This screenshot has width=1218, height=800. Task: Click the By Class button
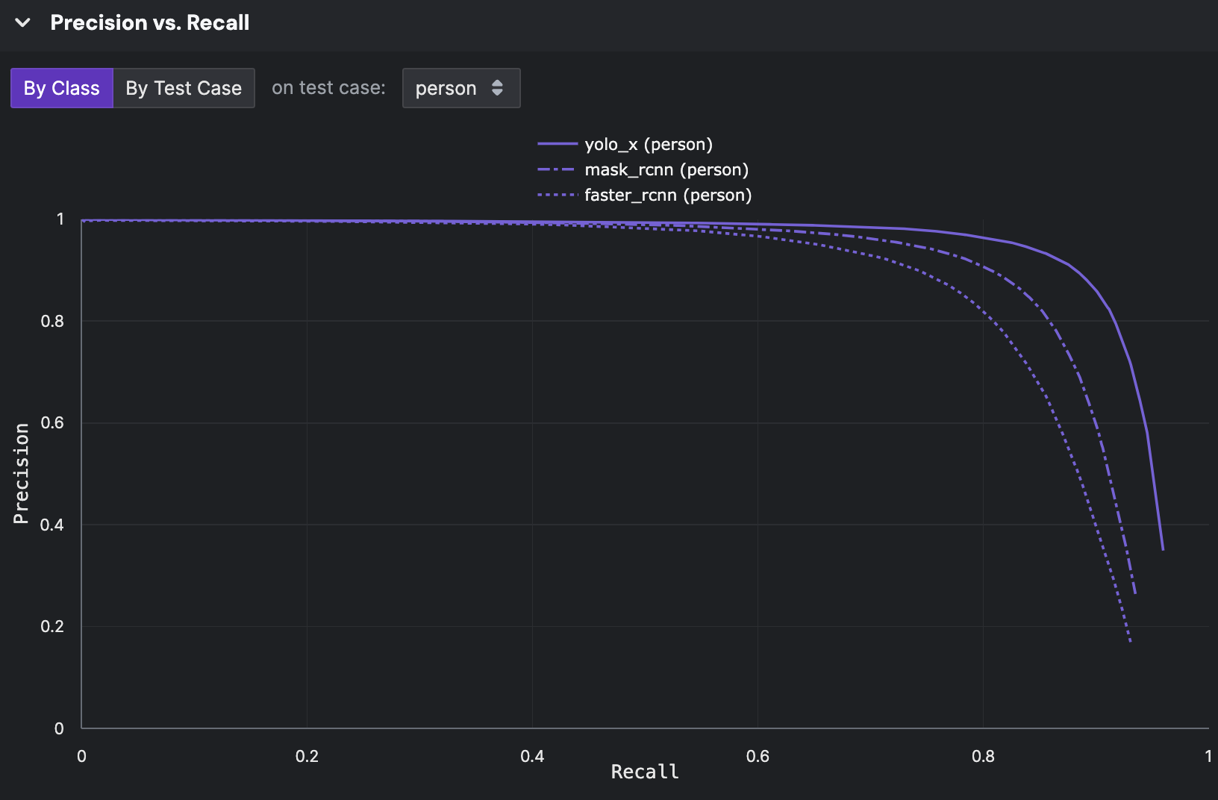62,88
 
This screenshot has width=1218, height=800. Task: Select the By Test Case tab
184,88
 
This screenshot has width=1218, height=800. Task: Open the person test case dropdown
460,88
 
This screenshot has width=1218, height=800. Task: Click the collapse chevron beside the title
23,22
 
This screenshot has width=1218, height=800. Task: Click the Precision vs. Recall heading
150,22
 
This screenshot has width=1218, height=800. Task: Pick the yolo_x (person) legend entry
648,144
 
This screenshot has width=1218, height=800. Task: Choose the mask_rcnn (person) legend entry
666,169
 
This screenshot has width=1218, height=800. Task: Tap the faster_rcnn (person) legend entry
667,195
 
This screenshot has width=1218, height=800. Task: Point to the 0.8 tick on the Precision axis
52,321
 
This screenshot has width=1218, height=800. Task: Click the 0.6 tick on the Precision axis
52,422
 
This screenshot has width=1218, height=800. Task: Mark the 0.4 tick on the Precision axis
52,525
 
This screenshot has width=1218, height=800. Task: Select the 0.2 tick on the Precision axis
52,626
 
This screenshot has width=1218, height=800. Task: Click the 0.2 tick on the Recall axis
307,756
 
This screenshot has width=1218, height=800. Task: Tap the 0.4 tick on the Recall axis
532,756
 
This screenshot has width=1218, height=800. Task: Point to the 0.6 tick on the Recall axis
758,756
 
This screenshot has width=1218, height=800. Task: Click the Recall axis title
645,772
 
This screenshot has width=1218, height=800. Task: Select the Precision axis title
21,473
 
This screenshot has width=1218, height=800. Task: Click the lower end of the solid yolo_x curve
1163,549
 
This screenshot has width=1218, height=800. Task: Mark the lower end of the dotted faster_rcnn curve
1131,641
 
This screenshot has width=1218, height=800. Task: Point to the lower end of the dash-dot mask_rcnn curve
1135,593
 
